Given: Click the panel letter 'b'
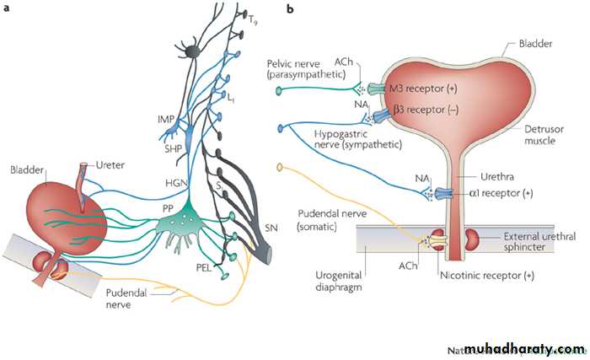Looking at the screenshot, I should tap(290, 9).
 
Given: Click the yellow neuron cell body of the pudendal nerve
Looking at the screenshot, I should tap(281, 166).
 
